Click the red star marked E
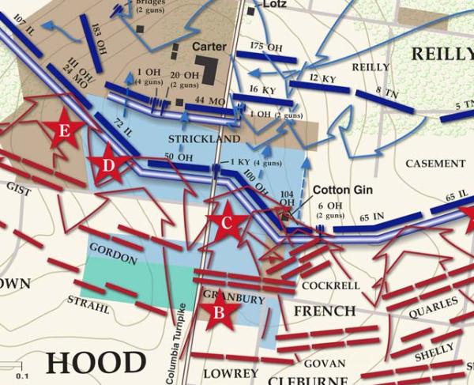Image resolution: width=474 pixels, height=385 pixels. [x=62, y=130]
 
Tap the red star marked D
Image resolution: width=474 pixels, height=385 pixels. [x=109, y=165]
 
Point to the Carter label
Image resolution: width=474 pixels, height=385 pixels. [x=209, y=47]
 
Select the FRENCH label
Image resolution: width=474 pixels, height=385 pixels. [x=324, y=311]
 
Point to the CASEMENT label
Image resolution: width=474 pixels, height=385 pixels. [x=434, y=164]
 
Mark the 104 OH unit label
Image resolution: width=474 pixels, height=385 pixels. [x=287, y=198]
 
